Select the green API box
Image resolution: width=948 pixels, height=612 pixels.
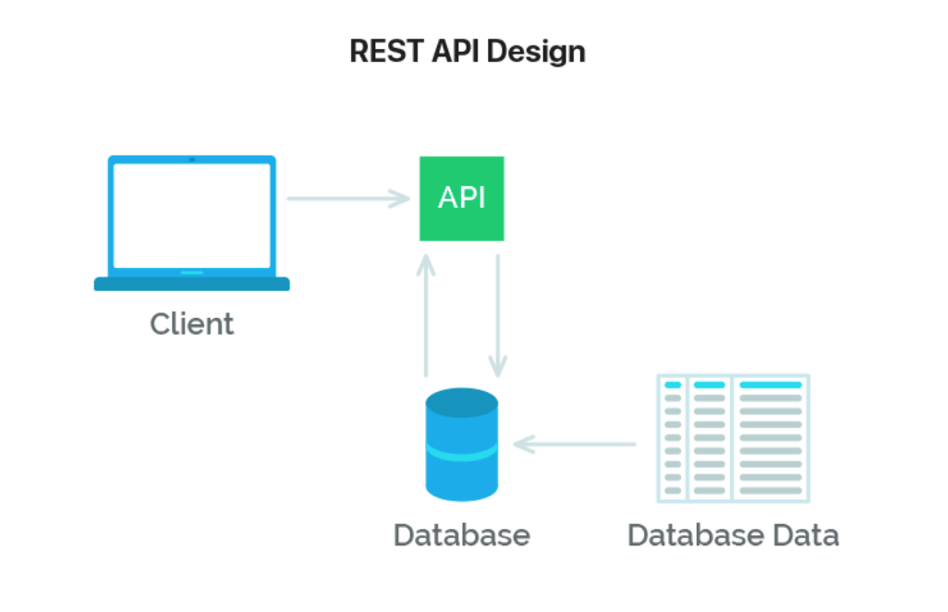[462, 199]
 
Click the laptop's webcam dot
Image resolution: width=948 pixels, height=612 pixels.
[192, 160]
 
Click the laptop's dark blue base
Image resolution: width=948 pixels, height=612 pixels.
[192, 284]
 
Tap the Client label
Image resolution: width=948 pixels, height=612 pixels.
[192, 324]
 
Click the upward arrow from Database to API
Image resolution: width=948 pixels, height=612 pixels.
[426, 314]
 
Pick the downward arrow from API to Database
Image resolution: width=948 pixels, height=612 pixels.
[498, 314]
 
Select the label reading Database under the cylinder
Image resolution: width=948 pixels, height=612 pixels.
[461, 535]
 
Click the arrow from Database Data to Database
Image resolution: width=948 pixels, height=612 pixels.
[575, 445]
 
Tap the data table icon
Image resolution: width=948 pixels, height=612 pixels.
[733, 438]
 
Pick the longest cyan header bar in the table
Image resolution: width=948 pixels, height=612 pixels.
[771, 385]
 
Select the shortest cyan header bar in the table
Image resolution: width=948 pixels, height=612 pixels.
[673, 385]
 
